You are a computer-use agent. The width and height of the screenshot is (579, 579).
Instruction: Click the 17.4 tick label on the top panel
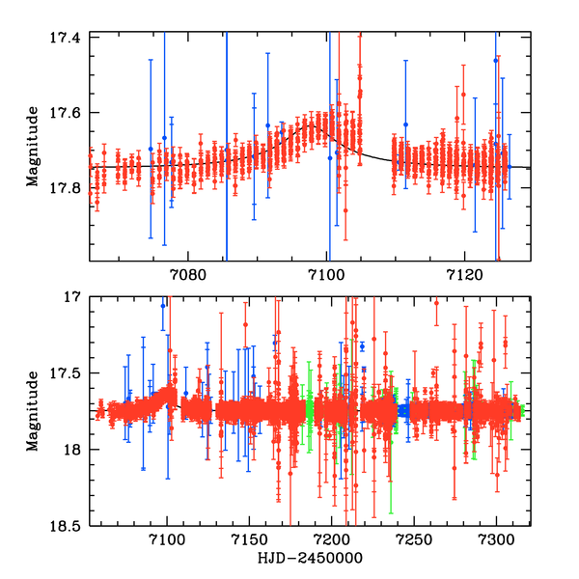click(69, 36)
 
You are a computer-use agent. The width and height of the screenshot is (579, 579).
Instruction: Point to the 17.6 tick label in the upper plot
click(69, 112)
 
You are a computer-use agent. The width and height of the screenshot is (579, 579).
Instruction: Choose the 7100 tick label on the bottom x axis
click(167, 538)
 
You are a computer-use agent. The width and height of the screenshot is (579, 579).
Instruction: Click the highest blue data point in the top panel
click(495, 60)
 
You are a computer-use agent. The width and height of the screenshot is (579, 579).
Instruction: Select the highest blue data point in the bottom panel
click(163, 305)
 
